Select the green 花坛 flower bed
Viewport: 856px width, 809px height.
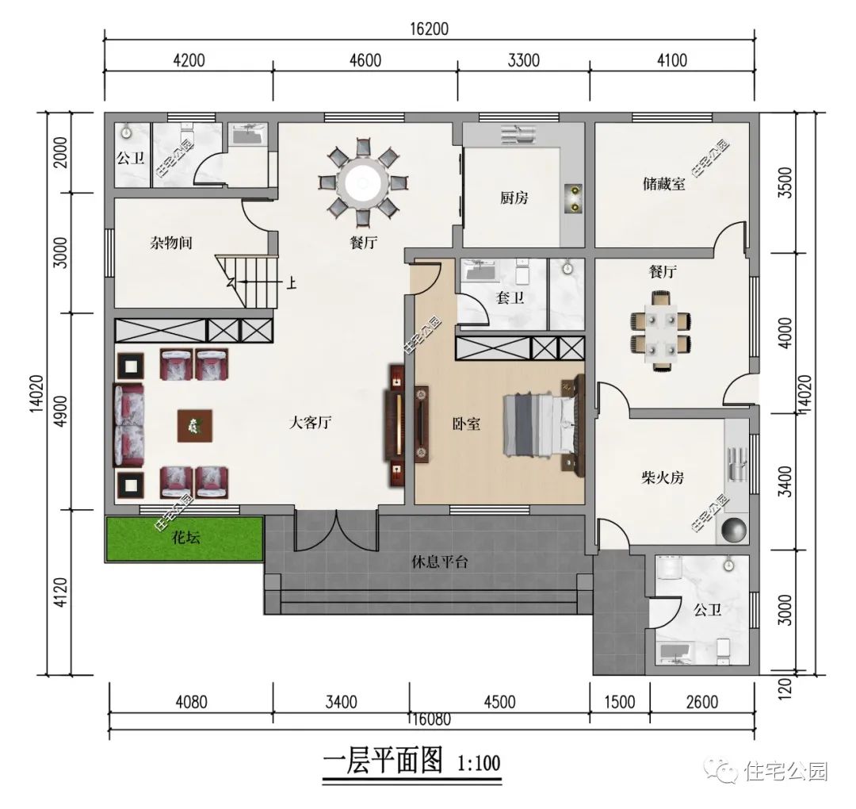pos(185,539)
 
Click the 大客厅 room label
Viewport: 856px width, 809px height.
pos(309,424)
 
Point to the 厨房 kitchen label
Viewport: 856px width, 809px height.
pos(514,198)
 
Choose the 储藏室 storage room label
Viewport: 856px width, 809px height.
pos(663,186)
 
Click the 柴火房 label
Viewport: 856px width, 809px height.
pos(663,478)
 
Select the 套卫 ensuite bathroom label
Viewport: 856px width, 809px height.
pos(510,298)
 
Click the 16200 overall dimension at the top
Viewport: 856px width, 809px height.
pos(429,29)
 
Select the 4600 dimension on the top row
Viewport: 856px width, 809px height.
pos(365,60)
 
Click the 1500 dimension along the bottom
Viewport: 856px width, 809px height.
pos(619,702)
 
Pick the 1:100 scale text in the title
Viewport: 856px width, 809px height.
pos(479,765)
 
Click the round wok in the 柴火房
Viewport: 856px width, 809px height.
pos(733,529)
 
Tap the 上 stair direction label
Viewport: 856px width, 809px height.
pos(292,281)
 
